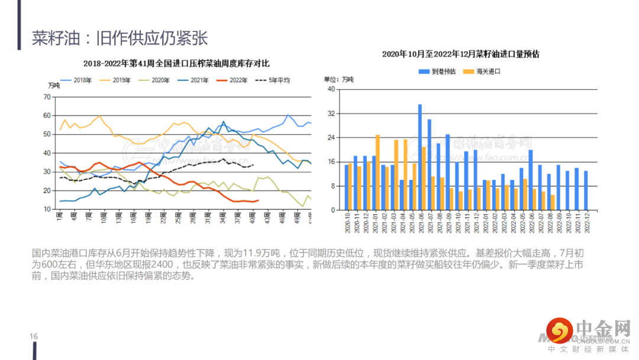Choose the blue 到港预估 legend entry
pyautogui.click(x=438, y=72)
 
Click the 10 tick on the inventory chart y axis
pyautogui.click(x=47, y=210)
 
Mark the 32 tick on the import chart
pyautogui.click(x=331, y=113)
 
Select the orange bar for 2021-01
pyautogui.click(x=377, y=172)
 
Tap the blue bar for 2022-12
pyautogui.click(x=586, y=190)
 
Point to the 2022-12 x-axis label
pyautogui.click(x=587, y=223)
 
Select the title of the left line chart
pyautogui.click(x=176, y=63)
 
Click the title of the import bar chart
pyautogui.click(x=460, y=54)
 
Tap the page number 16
pyautogui.click(x=34, y=337)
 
